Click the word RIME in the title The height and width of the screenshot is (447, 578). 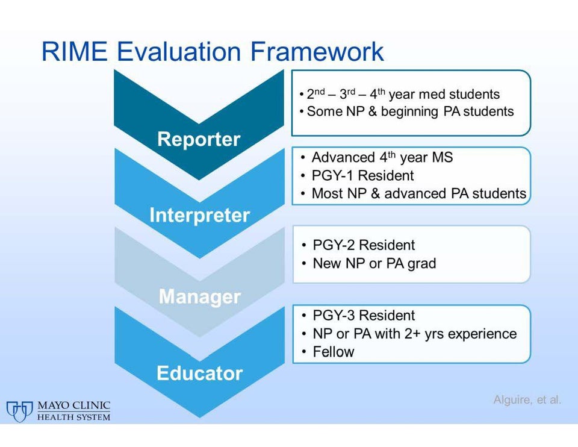[75, 51]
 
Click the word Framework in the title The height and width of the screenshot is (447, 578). [317, 51]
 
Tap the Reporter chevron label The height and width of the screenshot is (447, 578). [199, 139]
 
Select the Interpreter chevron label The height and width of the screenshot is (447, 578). [199, 215]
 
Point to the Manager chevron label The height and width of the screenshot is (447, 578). [199, 296]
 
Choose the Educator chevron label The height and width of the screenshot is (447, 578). [199, 373]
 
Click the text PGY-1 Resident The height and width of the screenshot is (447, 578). [362, 175]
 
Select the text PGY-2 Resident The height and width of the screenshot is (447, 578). [364, 245]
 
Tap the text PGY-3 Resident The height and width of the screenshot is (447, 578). [364, 315]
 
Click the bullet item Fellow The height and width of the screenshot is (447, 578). [333, 351]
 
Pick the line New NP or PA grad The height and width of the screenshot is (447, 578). [374, 263]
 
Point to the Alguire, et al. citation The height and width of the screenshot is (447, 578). [527, 399]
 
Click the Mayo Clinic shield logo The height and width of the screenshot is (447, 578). [19, 411]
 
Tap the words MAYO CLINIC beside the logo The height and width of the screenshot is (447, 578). [73, 405]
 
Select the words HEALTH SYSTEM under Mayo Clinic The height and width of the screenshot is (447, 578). [73, 417]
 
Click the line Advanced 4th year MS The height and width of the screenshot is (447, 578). [382, 157]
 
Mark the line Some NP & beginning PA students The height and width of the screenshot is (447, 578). [410, 111]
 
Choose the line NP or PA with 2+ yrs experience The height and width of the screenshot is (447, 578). [415, 333]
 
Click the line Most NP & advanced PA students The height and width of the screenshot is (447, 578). [419, 193]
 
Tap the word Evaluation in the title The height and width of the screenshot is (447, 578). [179, 51]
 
